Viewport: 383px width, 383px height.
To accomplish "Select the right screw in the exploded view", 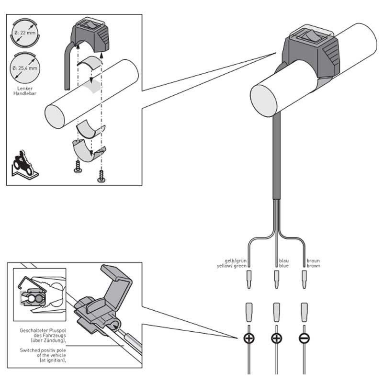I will coord(101,177).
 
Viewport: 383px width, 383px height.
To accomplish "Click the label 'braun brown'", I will coord(313,263).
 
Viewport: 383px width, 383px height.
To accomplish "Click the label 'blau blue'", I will coord(284,263).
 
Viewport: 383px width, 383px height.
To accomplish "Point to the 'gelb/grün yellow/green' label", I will coord(232,263).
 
